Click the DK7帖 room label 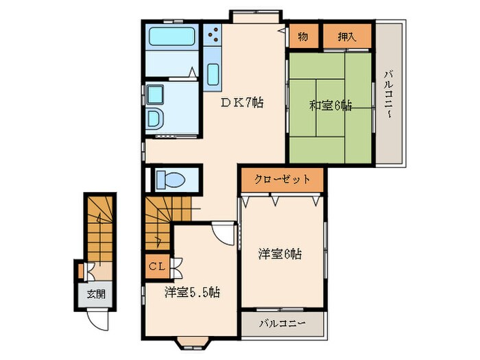[241, 104]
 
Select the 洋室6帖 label [280, 254]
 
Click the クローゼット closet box [282, 179]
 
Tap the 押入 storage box [347, 36]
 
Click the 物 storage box [303, 36]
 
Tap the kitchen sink [212, 73]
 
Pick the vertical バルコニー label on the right [389, 96]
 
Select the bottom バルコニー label [282, 324]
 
